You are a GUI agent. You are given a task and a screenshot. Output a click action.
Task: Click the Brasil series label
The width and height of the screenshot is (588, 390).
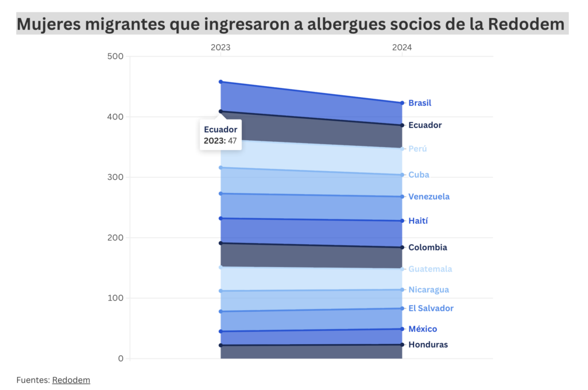(x=420, y=103)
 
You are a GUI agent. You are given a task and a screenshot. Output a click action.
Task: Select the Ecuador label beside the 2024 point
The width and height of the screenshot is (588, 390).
(x=425, y=125)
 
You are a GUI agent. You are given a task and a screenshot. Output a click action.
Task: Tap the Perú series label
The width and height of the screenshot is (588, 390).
(x=417, y=149)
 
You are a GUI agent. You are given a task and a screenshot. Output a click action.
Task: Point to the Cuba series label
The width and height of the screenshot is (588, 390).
(x=419, y=175)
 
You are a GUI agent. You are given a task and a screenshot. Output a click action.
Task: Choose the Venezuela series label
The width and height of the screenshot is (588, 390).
(x=429, y=197)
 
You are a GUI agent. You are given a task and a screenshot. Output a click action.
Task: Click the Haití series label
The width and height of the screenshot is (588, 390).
(x=418, y=221)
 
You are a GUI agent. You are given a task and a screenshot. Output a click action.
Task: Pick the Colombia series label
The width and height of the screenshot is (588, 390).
(x=427, y=248)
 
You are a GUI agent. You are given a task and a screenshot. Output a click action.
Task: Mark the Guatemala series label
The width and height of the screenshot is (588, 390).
(x=430, y=269)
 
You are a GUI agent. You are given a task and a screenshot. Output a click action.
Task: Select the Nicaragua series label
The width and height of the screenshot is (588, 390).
(x=428, y=290)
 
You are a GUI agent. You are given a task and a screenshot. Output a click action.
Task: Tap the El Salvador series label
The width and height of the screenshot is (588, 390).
(x=431, y=308)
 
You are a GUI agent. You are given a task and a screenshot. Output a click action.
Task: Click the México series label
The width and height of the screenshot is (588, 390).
(x=423, y=329)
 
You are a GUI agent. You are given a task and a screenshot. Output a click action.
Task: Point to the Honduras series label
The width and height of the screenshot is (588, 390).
(x=428, y=345)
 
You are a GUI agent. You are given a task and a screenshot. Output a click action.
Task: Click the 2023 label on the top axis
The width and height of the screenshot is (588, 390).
(x=220, y=48)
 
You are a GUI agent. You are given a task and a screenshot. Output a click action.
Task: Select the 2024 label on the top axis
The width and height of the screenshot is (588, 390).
(x=402, y=48)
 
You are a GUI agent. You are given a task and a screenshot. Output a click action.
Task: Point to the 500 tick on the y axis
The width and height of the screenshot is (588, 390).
(x=115, y=56)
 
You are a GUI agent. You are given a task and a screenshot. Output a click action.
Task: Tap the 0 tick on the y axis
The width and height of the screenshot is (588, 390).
(x=121, y=358)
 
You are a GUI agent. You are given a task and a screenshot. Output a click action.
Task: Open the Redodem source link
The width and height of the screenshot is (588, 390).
(x=71, y=380)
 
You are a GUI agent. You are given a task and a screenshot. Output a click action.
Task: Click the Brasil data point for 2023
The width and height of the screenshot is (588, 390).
(x=220, y=82)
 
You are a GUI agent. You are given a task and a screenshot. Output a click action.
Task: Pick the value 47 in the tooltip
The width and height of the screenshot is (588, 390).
(x=233, y=140)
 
